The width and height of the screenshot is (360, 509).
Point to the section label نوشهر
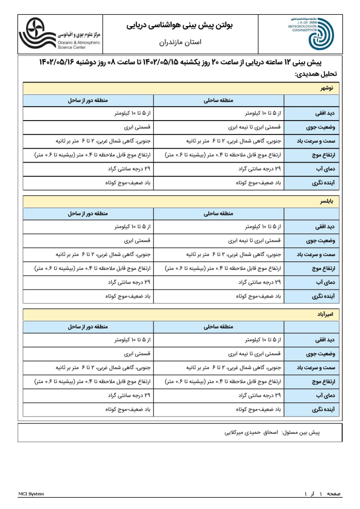(x=327, y=88)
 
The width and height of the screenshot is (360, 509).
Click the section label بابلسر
(x=326, y=202)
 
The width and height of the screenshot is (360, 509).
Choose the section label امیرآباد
(x=325, y=314)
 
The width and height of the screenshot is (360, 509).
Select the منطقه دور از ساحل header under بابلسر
(x=88, y=214)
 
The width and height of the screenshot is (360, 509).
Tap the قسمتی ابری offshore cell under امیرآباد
(x=137, y=354)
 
